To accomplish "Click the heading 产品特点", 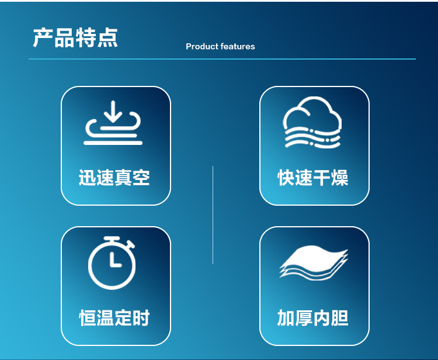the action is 75,38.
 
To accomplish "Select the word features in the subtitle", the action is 238,46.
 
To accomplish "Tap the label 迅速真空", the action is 114,178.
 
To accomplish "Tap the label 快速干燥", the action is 313,178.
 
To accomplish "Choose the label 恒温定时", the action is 114,318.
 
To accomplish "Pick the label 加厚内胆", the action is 313,318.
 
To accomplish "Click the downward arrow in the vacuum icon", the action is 113,111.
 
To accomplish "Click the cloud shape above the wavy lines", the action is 312,113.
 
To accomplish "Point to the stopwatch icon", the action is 112,263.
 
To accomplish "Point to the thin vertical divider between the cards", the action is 213,215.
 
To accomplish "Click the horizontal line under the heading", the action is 222,59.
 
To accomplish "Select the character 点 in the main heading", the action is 108,38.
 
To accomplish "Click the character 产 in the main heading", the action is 43,38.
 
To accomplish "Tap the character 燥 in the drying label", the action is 340,178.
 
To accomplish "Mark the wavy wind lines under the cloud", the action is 312,137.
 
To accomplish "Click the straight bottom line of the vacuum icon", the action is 113,143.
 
